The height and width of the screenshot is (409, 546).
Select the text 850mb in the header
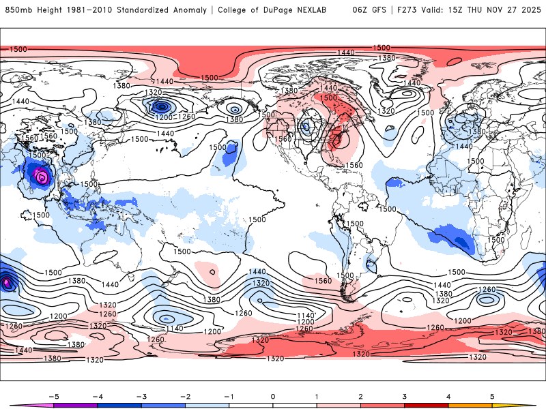tap(16, 10)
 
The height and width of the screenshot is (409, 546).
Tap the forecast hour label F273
tap(409, 10)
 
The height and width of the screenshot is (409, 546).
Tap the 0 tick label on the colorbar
tap(273, 395)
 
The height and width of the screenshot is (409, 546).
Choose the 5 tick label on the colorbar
tap(492, 395)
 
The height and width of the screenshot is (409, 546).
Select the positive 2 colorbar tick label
tap(360, 395)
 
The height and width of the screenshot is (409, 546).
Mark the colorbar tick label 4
tap(448, 395)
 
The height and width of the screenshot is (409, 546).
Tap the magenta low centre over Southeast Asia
tap(42, 177)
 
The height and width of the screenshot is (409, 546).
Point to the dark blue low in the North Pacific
tap(161, 106)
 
